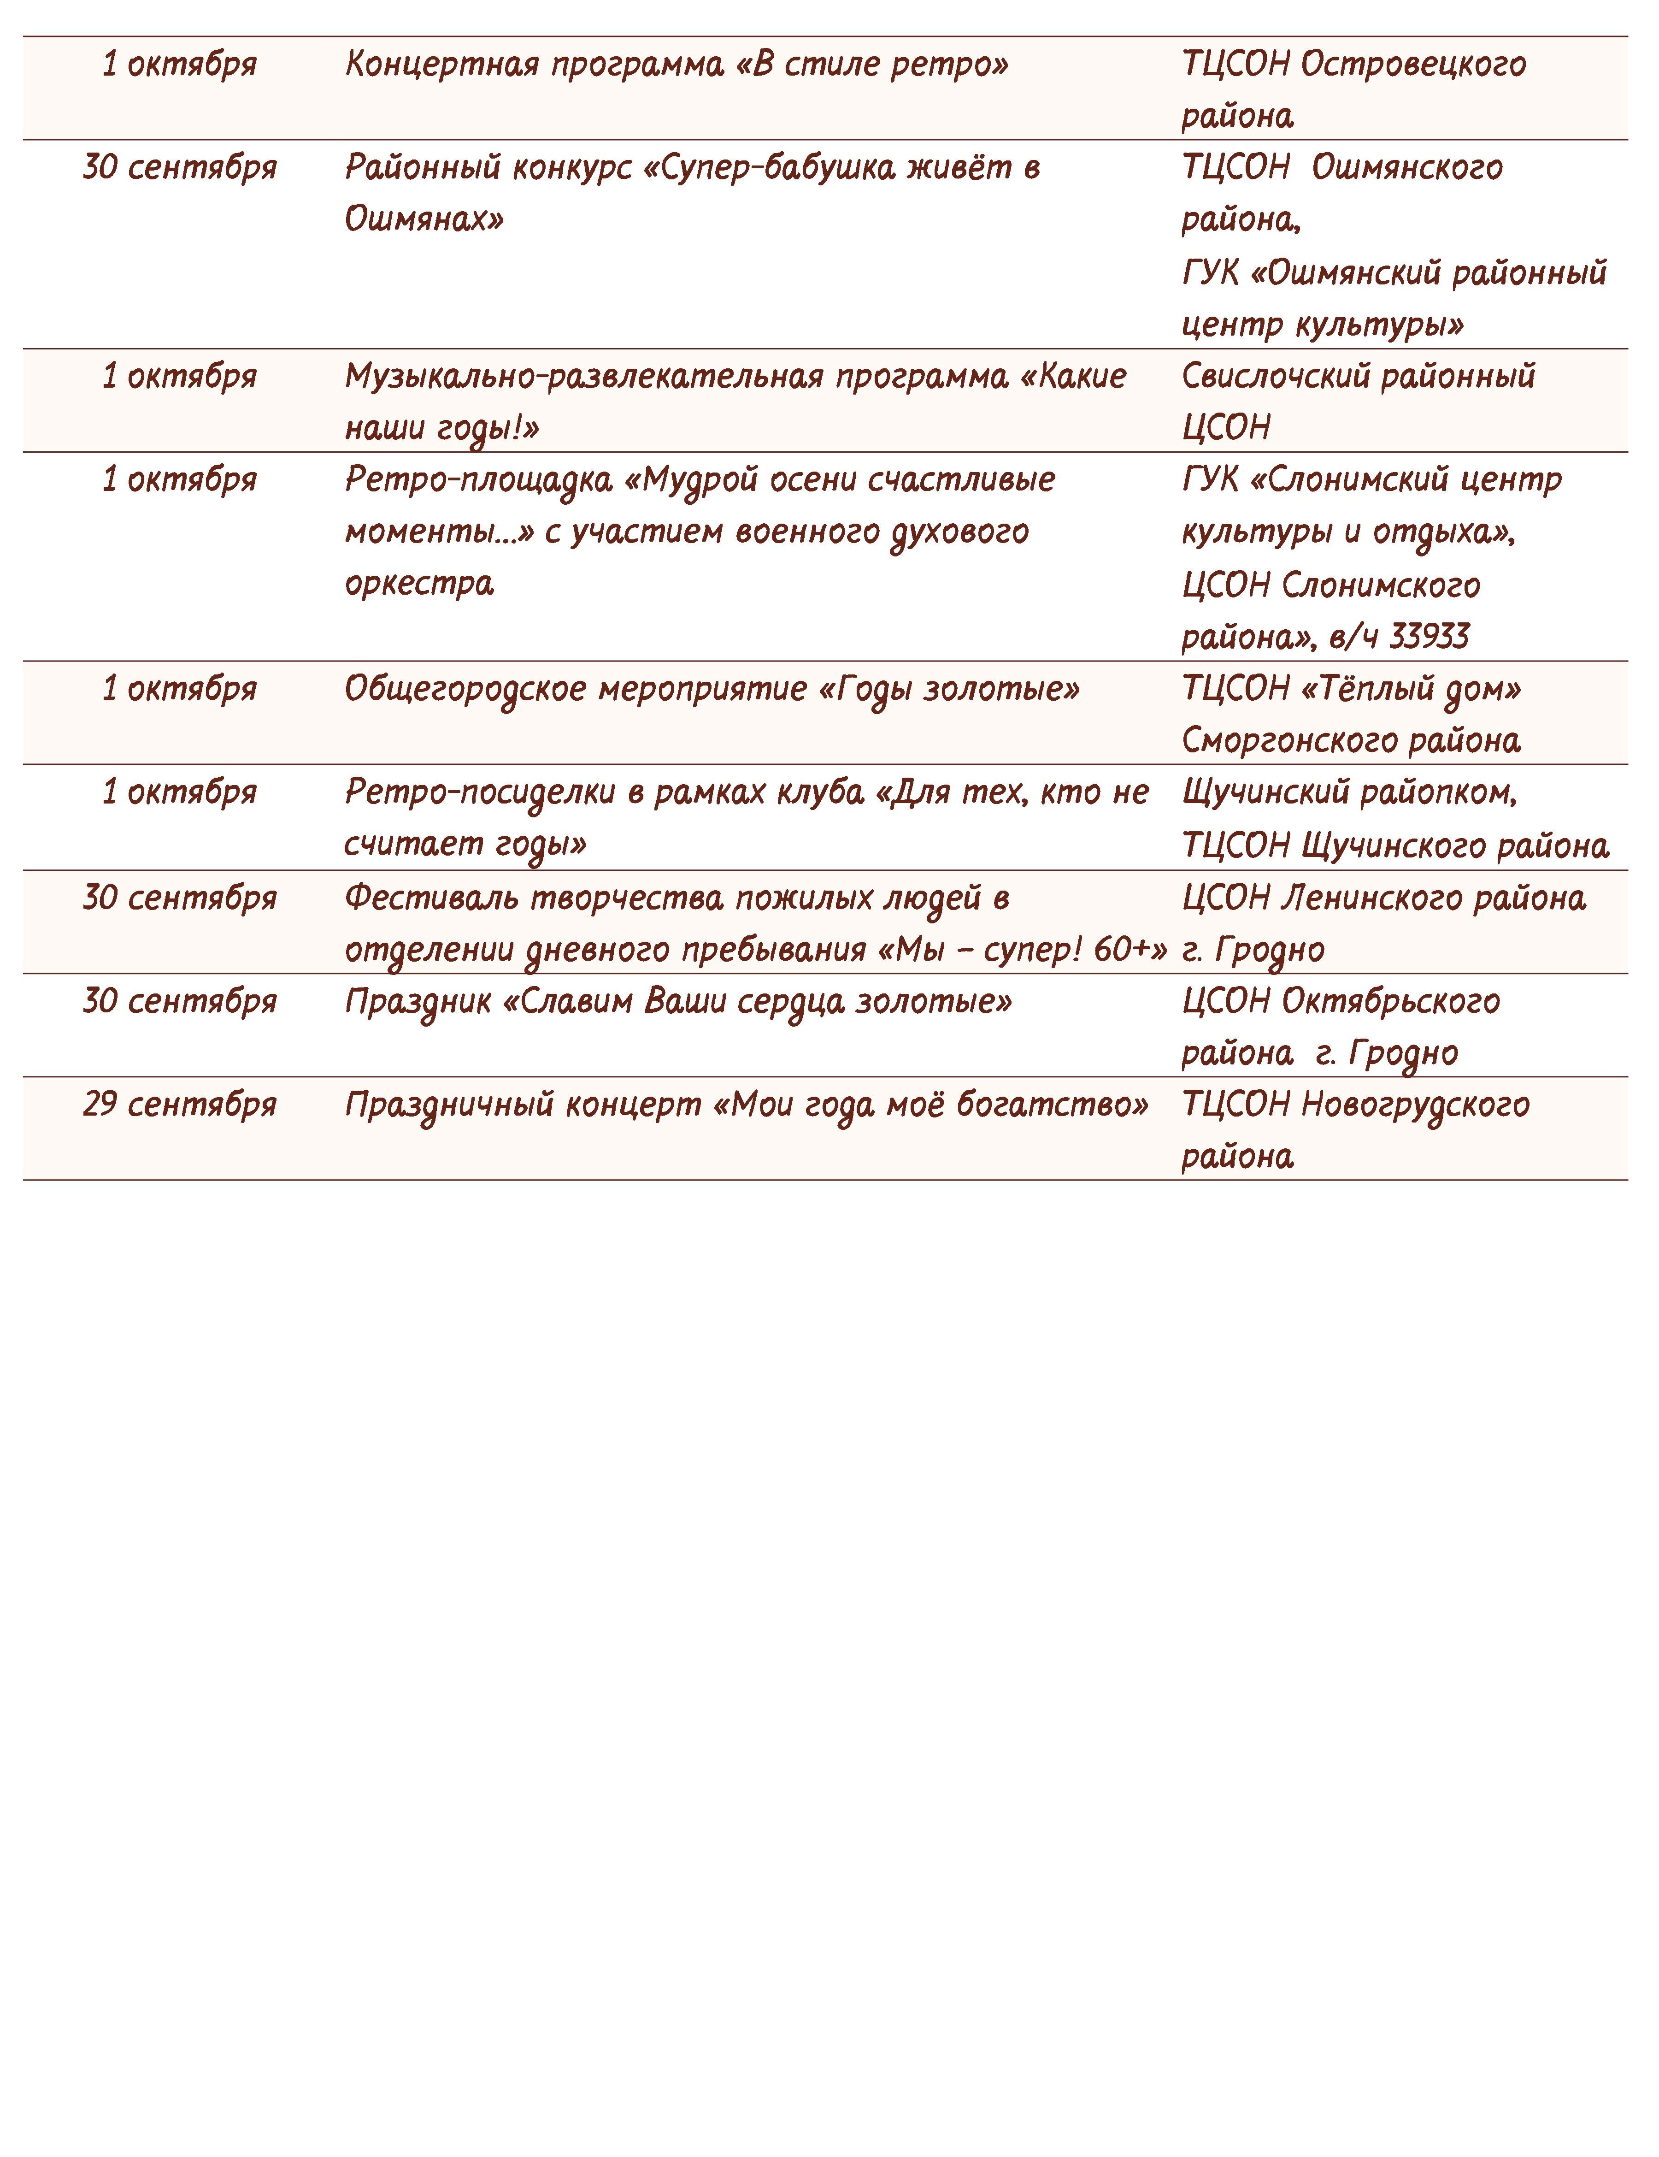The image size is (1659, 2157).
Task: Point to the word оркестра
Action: click(419, 584)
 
